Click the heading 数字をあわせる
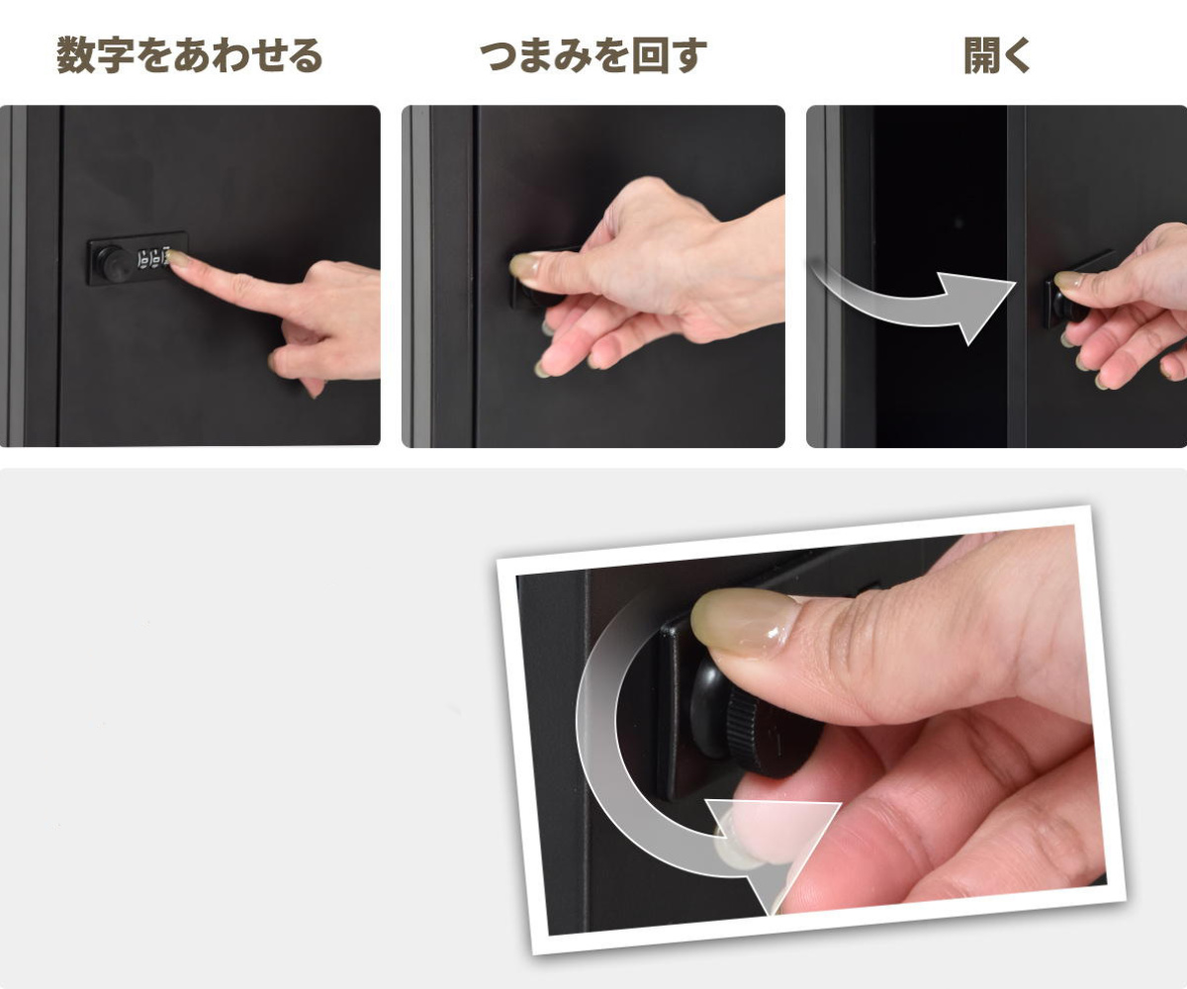pyautogui.click(x=189, y=55)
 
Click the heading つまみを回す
pyautogui.click(x=593, y=55)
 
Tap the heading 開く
pyautogui.click(x=996, y=55)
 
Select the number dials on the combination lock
pyautogui.click(x=153, y=258)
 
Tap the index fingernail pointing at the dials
pyautogui.click(x=178, y=258)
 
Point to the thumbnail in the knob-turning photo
pyautogui.click(x=526, y=265)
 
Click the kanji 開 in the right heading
pyautogui.click(x=982, y=55)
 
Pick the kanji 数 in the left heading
pyautogui.click(x=75, y=55)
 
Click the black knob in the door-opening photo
pyautogui.click(x=1068, y=307)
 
